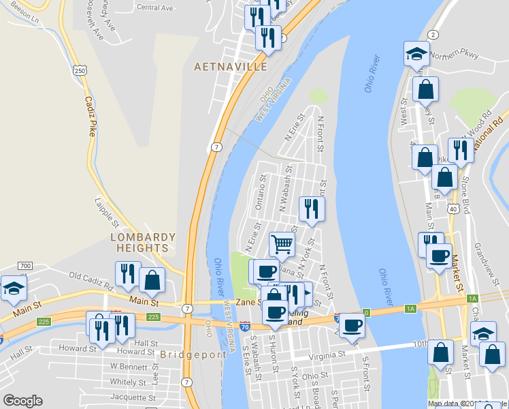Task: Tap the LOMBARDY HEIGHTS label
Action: [144, 243]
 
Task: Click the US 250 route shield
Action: [80, 70]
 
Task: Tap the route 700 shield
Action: [25, 265]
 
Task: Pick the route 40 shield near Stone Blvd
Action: [453, 209]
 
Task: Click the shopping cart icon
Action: [282, 243]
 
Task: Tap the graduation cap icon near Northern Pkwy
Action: [416, 55]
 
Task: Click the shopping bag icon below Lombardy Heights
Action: [152, 279]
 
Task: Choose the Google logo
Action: [22, 401]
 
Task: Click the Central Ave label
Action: [155, 7]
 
